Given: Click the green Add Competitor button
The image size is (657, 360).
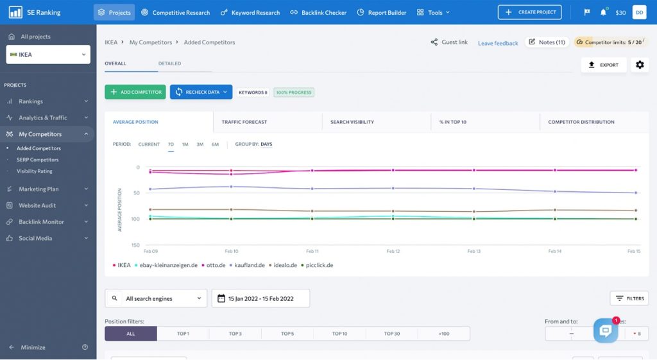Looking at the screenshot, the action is pos(135,92).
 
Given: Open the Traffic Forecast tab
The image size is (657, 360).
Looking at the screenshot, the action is pos(244,122).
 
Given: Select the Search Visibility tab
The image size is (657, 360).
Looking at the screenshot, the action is pos(352,122).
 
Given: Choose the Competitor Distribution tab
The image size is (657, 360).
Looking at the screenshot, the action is pos(581,122).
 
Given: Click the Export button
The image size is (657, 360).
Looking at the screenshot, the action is pos(604,65).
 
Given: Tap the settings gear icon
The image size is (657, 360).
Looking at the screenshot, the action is pos(640,65).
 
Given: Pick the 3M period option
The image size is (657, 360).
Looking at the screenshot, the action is pos(200,144).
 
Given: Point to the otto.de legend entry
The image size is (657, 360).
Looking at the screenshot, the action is pos(214,265).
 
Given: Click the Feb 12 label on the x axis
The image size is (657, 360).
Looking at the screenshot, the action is pos(393,251).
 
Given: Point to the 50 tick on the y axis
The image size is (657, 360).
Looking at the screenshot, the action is pos(137,193).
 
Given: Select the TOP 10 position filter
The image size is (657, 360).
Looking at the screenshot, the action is pos(340,334).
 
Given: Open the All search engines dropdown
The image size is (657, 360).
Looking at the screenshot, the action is pos(156,298).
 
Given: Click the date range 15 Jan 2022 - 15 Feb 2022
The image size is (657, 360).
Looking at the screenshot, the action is pos(260,298).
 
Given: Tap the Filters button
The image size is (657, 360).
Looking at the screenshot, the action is pos(629,298).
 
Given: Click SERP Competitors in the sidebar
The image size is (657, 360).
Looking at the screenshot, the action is pos(38,160).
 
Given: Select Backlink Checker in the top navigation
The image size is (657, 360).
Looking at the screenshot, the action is pos(318,13).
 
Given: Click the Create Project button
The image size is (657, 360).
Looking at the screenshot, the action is pos(530,12).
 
